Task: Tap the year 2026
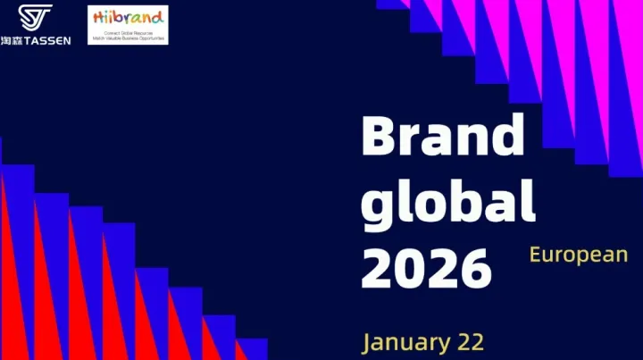426,264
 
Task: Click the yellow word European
578,255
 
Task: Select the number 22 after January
470,342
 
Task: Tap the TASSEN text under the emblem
47,40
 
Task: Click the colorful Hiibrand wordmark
128,17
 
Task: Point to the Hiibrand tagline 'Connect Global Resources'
128,32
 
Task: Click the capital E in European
536,255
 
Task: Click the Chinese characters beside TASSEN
12,40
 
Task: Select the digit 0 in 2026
410,264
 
